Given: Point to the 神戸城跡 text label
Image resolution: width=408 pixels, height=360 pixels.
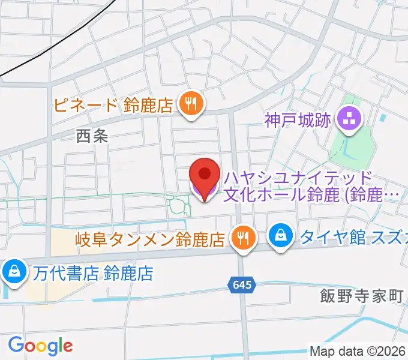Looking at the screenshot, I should click(x=298, y=121).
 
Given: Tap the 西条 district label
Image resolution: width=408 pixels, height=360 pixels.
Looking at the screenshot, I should click(x=92, y=136).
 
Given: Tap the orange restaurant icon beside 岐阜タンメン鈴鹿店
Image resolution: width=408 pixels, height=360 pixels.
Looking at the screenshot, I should click(x=243, y=238).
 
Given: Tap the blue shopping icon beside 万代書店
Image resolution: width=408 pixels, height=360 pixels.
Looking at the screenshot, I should click(x=13, y=272).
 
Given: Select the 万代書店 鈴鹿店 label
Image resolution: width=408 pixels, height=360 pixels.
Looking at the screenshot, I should click(x=93, y=274).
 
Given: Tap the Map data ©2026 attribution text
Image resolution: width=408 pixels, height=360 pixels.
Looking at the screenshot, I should click(x=358, y=351).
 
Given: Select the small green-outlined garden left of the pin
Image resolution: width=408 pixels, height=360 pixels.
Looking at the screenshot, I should click(x=178, y=206).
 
